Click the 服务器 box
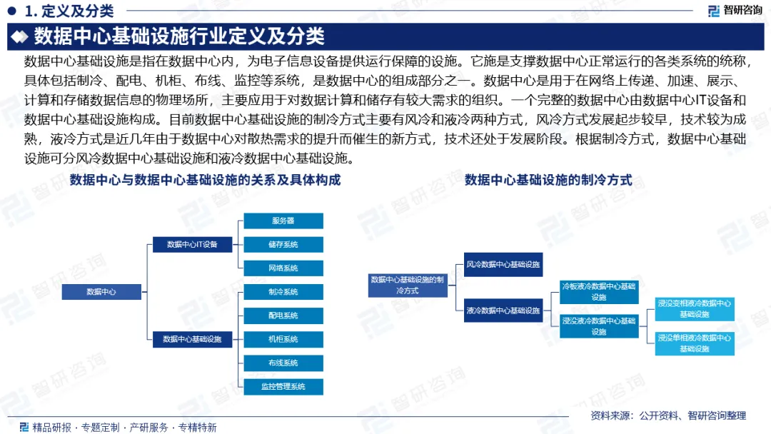click(x=283, y=221)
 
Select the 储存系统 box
click(x=283, y=244)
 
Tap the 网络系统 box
click(x=283, y=268)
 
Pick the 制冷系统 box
click(x=283, y=291)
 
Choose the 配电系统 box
click(x=283, y=315)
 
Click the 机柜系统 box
click(x=283, y=339)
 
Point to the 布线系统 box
click(x=283, y=363)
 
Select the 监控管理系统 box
click(x=283, y=386)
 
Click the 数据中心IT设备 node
click(x=192, y=244)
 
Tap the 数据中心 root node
click(x=101, y=292)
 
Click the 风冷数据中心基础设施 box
click(x=503, y=264)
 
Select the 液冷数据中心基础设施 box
click(x=503, y=311)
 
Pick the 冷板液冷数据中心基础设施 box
click(x=598, y=291)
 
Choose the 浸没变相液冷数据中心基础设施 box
click(x=694, y=308)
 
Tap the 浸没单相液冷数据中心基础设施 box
click(x=694, y=343)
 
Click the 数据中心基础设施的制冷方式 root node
click(x=408, y=286)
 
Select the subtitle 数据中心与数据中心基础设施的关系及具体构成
click(x=205, y=181)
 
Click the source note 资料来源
click(x=668, y=415)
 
